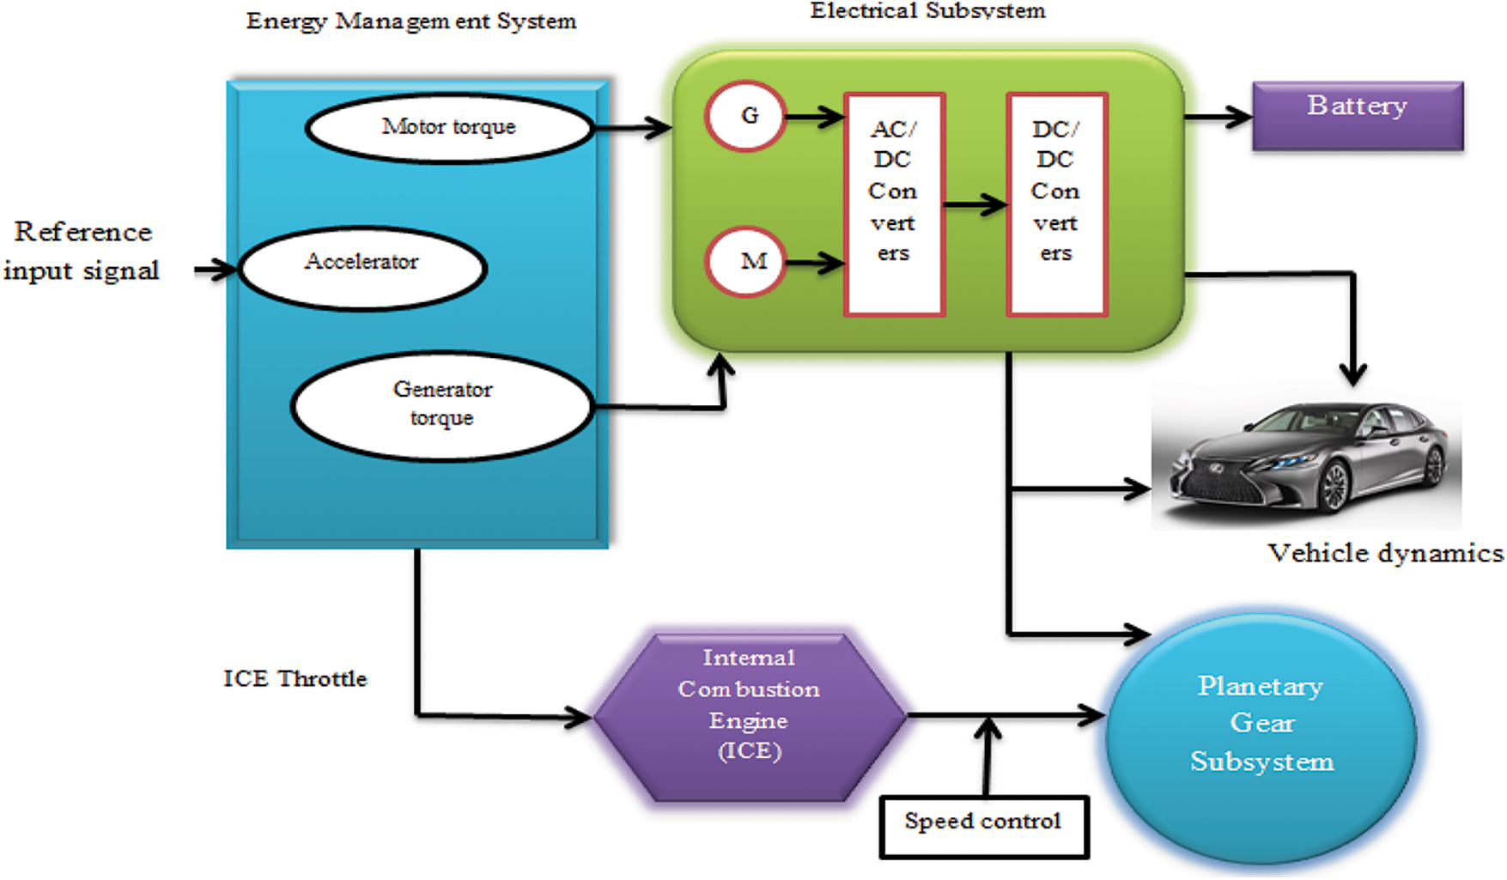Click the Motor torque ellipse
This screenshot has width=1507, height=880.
point(449,127)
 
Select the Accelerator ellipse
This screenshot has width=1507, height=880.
point(362,267)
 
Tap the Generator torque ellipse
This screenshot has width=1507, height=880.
point(442,405)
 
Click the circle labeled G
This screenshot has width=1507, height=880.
point(745,116)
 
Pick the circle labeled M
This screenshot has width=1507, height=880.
point(745,260)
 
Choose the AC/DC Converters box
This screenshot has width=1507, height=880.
point(894,204)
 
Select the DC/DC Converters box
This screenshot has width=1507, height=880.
point(1056,204)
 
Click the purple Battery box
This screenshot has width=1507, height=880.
point(1358,115)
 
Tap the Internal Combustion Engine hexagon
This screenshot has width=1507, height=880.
point(750,716)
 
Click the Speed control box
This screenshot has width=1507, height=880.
point(983,825)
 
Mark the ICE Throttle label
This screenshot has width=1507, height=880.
point(295,678)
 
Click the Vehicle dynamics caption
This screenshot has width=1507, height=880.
point(1384,553)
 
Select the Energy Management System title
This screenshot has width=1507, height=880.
point(410,21)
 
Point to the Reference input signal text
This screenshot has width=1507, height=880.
point(82,251)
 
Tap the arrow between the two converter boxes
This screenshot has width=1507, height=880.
point(975,204)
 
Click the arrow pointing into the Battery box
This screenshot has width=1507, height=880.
point(1218,116)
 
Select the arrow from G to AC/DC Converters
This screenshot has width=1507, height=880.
point(814,116)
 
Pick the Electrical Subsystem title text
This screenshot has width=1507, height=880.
point(927,10)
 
